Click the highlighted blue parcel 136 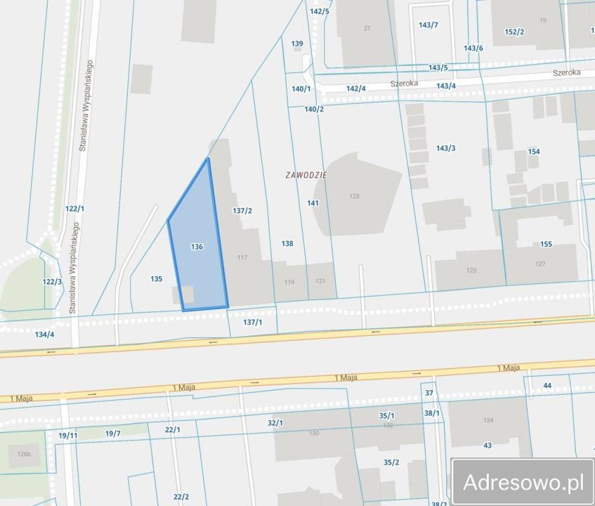pos(197,247)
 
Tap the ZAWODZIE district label pos(306,174)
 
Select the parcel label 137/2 pos(242,210)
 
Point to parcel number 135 pos(157,279)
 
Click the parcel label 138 pos(287,243)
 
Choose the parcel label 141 pos(313,203)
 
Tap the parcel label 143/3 pos(445,148)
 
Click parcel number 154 pos(534,152)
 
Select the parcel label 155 pos(546,244)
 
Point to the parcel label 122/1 pos(74,209)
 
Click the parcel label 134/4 pos(44,334)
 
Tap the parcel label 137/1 pos(252,322)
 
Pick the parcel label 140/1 pos(301,89)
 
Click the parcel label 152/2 pos(514,32)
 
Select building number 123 pos(354,196)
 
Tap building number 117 pos(242,257)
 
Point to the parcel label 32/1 pos(275,422)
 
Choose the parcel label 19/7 pos(113,433)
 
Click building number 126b pos(24,454)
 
